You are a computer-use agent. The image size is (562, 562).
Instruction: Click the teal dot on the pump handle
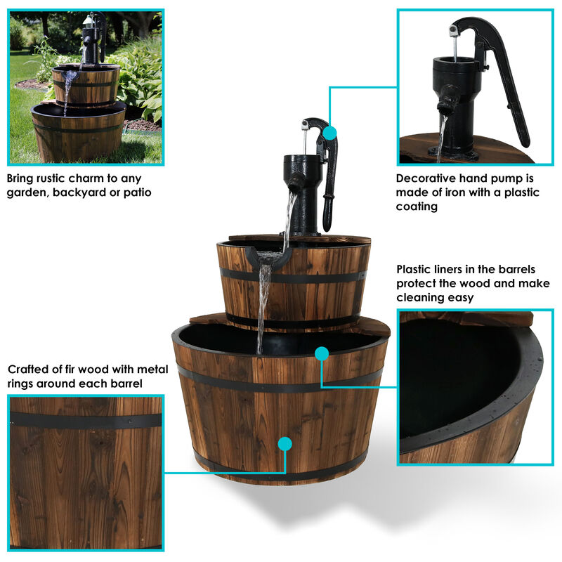pos(329,132)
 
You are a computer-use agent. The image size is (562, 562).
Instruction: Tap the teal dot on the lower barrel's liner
pos(322,353)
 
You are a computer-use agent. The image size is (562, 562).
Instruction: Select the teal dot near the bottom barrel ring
pos(285,443)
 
